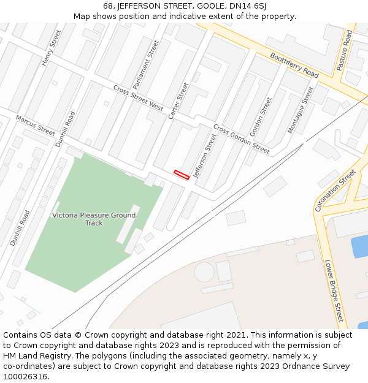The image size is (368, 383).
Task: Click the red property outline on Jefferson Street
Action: pyautogui.click(x=181, y=175)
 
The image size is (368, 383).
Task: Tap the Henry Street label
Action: pyautogui.click(x=52, y=48)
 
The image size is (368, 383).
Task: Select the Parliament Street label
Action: pyautogui.click(x=145, y=64)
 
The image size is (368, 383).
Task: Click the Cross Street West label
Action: pyautogui.click(x=138, y=97)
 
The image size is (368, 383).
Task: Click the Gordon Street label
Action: pyautogui.click(x=260, y=116)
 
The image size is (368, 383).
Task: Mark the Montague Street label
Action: pyautogui.click(x=300, y=110)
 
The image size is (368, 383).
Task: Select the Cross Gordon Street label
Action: pyautogui.click(x=241, y=139)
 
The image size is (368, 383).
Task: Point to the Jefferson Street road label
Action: pyautogui.click(x=205, y=156)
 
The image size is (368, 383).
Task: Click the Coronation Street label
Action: pyautogui.click(x=335, y=191)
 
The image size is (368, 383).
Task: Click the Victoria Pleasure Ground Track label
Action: pyautogui.click(x=94, y=219)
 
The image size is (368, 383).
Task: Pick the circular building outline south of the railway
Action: pyautogui.click(x=204, y=271)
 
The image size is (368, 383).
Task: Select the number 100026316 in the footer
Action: pyautogui.click(x=25, y=376)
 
